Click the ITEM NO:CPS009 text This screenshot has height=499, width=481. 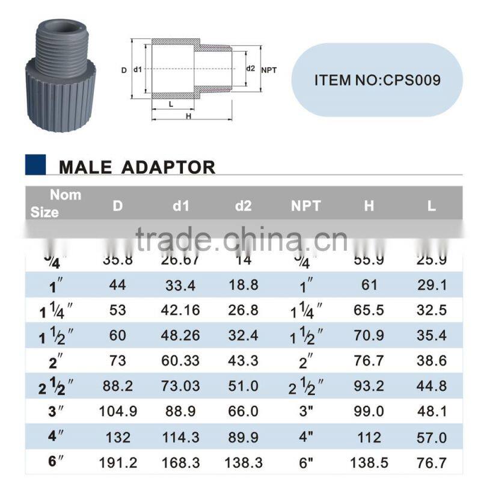(x=377, y=80)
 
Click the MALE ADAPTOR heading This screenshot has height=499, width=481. (x=136, y=167)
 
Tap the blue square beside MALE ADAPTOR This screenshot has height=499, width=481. (x=35, y=165)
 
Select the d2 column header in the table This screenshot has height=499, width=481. (x=243, y=206)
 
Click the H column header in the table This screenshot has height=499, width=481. (x=369, y=206)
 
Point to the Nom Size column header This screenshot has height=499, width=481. (x=57, y=203)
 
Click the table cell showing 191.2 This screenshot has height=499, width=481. (x=118, y=463)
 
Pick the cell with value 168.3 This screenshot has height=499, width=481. (x=181, y=463)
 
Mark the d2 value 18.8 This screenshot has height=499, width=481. (x=243, y=286)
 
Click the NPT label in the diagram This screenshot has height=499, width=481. (x=269, y=70)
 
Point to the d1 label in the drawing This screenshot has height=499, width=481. (x=138, y=70)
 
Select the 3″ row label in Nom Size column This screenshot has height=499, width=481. (x=57, y=412)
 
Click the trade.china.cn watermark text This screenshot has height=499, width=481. (x=241, y=239)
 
